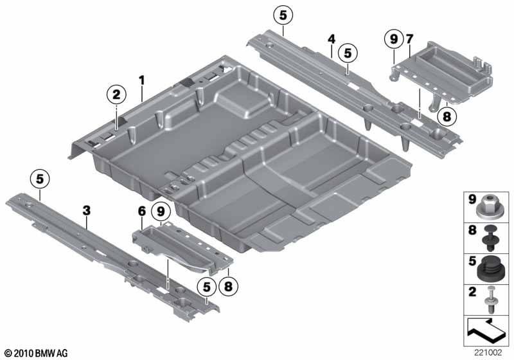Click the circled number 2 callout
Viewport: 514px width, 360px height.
coord(116,94)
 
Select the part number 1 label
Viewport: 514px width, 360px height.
coord(141,80)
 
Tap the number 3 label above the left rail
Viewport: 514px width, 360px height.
coord(86,211)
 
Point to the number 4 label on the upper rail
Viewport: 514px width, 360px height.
coord(332,40)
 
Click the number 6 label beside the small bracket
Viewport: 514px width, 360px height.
coord(142,212)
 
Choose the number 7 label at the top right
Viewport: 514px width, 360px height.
coord(410,39)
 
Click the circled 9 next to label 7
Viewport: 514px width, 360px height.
coord(394,39)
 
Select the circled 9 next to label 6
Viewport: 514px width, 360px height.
coord(161,212)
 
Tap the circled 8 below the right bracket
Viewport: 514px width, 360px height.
coord(447,116)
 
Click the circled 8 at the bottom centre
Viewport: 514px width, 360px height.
coord(228,287)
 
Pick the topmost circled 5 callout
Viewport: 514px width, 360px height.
coord(283,15)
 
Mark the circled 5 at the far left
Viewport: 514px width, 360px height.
coord(40,179)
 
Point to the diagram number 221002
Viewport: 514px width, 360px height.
coord(488,353)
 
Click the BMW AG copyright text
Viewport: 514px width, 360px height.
coord(37,354)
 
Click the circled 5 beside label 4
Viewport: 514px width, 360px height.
coord(348,53)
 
